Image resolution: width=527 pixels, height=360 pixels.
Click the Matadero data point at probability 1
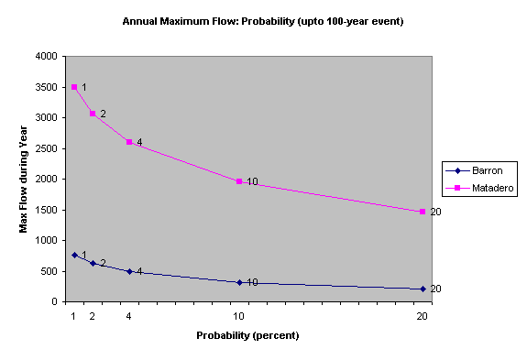click(74, 87)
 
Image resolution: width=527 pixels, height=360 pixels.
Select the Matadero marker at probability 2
click(93, 114)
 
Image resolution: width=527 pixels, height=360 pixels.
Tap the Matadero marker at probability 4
click(129, 142)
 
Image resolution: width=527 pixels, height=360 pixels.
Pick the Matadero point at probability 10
click(239, 181)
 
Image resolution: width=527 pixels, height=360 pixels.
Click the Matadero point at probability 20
click(423, 212)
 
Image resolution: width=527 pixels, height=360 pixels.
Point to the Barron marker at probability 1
click(74, 255)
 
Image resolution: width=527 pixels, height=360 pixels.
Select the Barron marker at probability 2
click(93, 263)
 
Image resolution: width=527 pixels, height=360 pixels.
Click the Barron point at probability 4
click(129, 271)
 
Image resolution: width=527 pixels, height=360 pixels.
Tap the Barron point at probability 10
click(239, 282)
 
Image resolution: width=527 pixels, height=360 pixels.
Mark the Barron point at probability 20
click(423, 289)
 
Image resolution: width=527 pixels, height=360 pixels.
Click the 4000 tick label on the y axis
click(49, 56)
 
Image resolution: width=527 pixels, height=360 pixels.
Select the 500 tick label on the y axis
click(51, 271)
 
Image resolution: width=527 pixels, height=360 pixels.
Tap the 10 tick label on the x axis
click(239, 316)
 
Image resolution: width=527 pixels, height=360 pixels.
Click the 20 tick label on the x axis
click(423, 316)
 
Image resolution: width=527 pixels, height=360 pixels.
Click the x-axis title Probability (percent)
click(247, 335)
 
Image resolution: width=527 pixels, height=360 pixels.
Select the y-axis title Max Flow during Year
click(25, 179)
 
